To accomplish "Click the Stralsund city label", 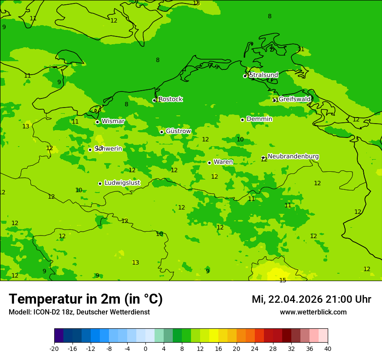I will coord(263,75).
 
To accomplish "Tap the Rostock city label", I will coord(170,99).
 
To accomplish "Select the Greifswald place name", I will coord(295,99).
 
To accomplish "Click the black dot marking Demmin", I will coord(242,120).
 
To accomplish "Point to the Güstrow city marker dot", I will coord(161,132).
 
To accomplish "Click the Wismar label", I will coord(113,121).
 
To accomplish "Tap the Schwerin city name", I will coord(109,149).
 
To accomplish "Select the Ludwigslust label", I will coord(122,183).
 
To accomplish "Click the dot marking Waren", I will coord(209,163).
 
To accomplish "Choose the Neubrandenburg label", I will coord(293,156).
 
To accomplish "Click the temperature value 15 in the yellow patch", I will coord(283,281).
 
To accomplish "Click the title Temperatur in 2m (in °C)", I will coord(86,299).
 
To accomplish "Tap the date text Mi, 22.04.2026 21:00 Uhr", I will coord(311,299).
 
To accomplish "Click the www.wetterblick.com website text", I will coord(313,312).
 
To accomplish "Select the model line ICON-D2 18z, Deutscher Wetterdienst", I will coord(79,312).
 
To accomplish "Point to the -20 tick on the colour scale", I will coord(54,348).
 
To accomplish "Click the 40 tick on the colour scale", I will coord(327,348).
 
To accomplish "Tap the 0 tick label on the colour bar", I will coord(145,348).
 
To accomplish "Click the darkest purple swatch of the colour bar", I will coord(59,336).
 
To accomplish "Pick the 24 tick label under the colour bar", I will coord(255,348).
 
